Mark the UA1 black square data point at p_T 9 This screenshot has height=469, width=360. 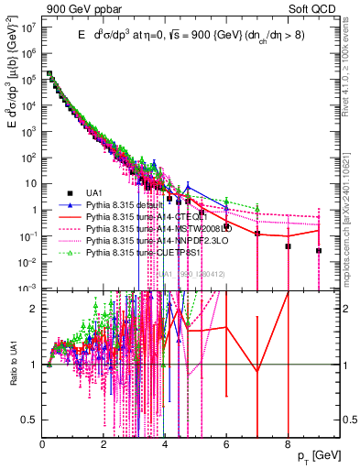pos(319,250)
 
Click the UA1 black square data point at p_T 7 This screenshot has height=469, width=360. pos(257,234)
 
